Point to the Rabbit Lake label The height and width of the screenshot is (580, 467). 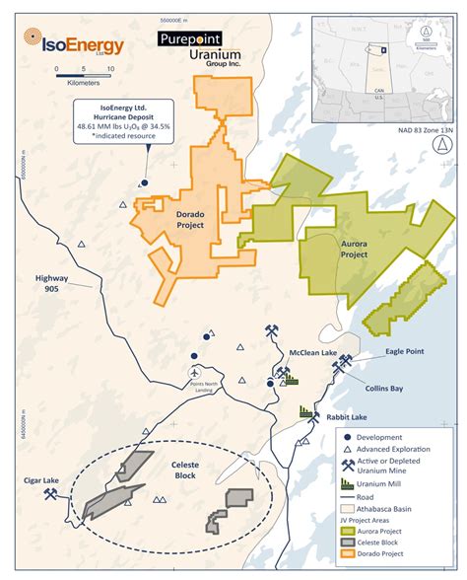(347, 414)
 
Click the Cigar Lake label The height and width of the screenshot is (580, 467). (36, 480)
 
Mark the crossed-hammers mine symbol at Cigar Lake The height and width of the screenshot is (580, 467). (46, 496)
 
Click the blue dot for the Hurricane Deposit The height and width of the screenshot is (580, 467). (144, 182)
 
